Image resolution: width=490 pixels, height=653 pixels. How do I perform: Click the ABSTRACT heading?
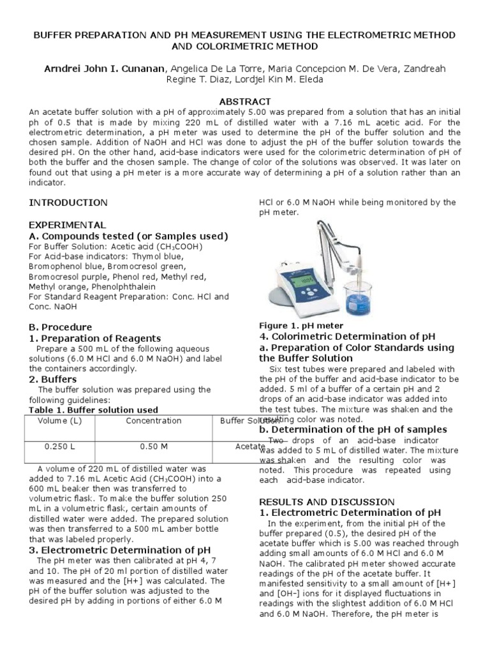245,101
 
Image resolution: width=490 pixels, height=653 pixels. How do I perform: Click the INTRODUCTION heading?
68,203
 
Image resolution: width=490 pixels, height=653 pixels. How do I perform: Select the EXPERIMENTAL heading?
67,225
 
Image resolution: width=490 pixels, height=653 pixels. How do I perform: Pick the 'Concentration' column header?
153,421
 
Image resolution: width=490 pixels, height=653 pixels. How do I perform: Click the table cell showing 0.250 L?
59,447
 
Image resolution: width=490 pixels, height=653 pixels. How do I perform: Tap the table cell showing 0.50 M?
153,447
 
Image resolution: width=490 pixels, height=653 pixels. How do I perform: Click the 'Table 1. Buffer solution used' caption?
94,409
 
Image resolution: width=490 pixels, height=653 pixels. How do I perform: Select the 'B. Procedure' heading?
61,327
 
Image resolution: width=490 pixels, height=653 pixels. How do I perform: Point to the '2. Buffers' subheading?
53,379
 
